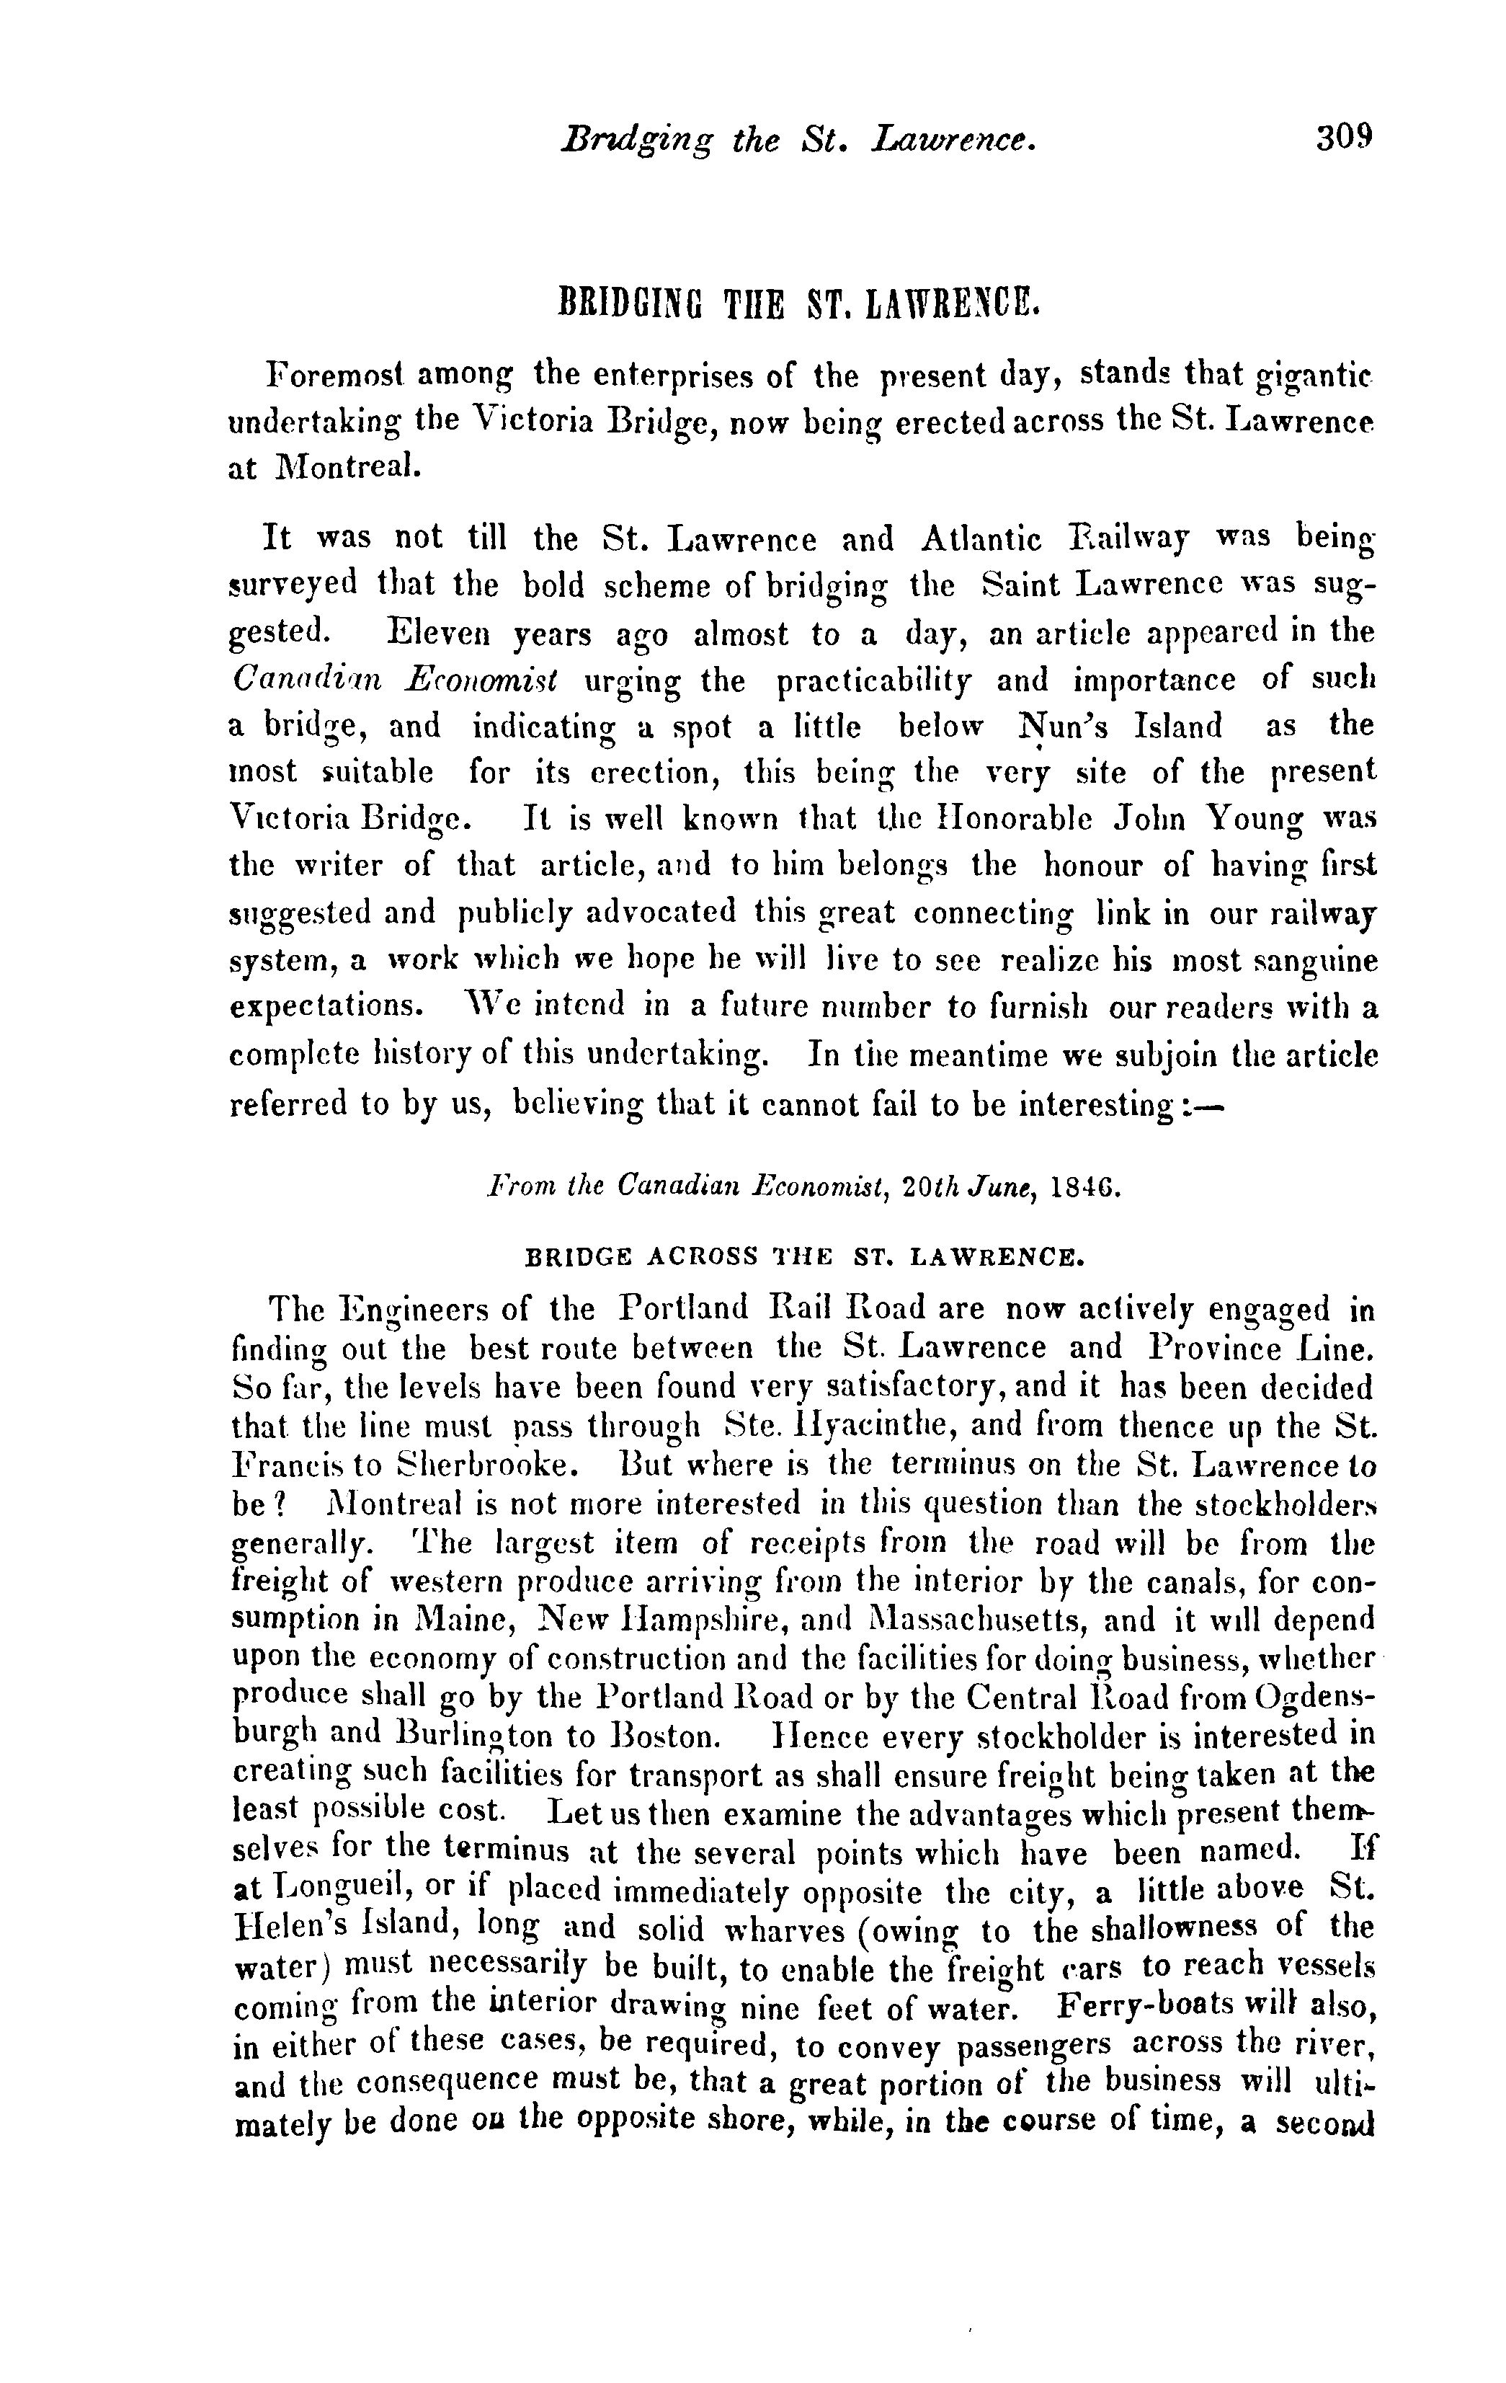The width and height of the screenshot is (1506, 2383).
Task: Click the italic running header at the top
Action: pyautogui.click(x=798, y=140)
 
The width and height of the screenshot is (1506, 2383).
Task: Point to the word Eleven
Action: pyautogui.click(x=437, y=634)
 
